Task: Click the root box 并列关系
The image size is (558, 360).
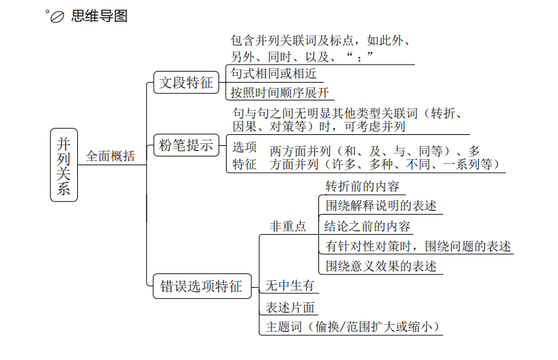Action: [64, 165]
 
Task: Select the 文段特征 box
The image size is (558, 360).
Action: [186, 83]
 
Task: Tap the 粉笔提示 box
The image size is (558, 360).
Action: [186, 145]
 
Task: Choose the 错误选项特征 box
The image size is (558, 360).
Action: [202, 286]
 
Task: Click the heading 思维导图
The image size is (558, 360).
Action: [99, 16]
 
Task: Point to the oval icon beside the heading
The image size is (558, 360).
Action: [57, 17]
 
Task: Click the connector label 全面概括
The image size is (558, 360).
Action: [110, 156]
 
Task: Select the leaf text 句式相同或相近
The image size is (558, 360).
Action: [273, 74]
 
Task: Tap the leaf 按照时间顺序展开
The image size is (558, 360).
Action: [280, 92]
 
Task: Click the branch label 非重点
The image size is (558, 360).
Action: [288, 226]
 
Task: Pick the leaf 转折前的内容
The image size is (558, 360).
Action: [362, 187]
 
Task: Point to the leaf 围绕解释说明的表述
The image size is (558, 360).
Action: [381, 206]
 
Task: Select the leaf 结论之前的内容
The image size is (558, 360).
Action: [367, 226]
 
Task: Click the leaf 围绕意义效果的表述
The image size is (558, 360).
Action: [381, 266]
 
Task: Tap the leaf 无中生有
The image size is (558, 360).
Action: [289, 285]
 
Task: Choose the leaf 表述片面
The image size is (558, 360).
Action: [289, 308]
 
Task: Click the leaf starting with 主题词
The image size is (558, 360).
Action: [352, 326]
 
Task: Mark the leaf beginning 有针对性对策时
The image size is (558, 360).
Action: [417, 246]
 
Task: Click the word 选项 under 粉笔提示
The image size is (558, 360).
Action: [245, 147]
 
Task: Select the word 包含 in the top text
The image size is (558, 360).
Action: [242, 41]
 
